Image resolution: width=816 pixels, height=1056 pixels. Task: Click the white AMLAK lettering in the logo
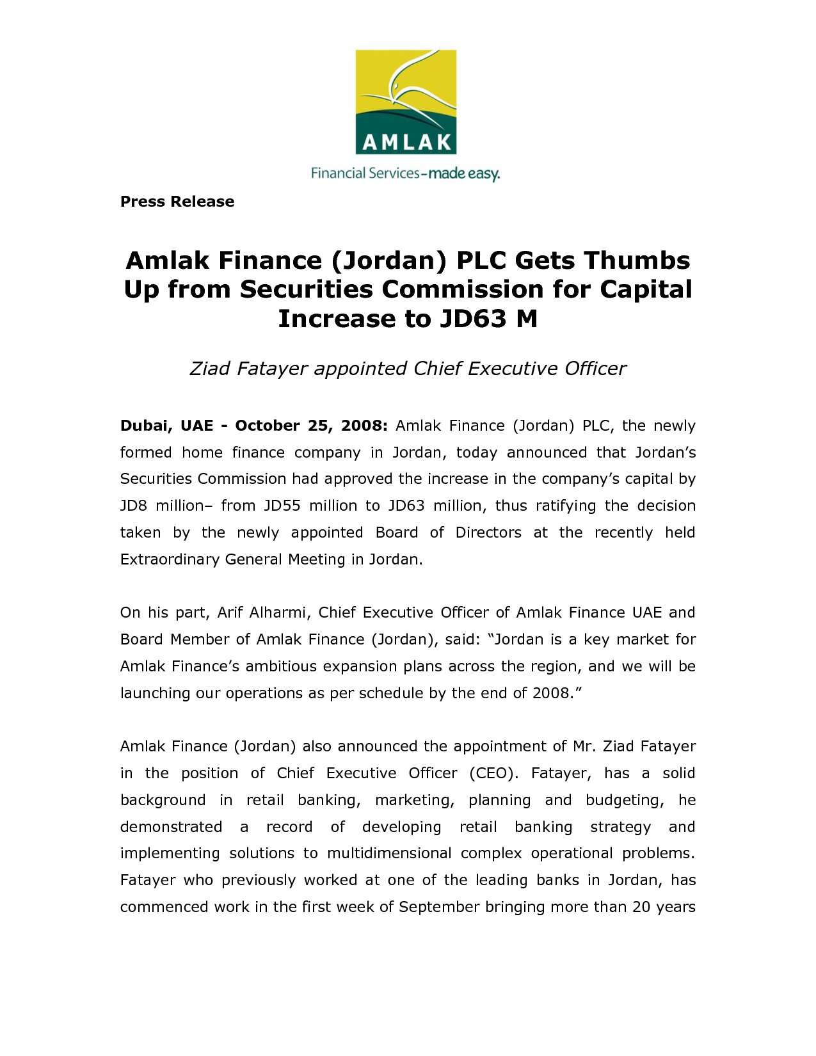pos(406,141)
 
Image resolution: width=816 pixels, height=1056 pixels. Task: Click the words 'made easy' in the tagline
pos(464,173)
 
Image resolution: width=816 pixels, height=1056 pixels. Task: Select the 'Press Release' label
pos(177,202)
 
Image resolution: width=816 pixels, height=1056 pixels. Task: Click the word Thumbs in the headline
pos(637,260)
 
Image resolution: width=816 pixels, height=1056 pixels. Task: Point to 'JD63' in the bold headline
pos(473,318)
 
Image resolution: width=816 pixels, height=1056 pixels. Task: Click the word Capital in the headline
pos(646,289)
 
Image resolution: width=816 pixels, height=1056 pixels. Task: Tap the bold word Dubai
pos(145,426)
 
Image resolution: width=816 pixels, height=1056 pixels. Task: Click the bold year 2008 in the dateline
pos(364,426)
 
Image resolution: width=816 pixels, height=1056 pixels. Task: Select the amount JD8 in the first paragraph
pos(134,506)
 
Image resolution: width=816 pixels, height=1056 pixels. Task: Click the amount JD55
pos(282,506)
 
